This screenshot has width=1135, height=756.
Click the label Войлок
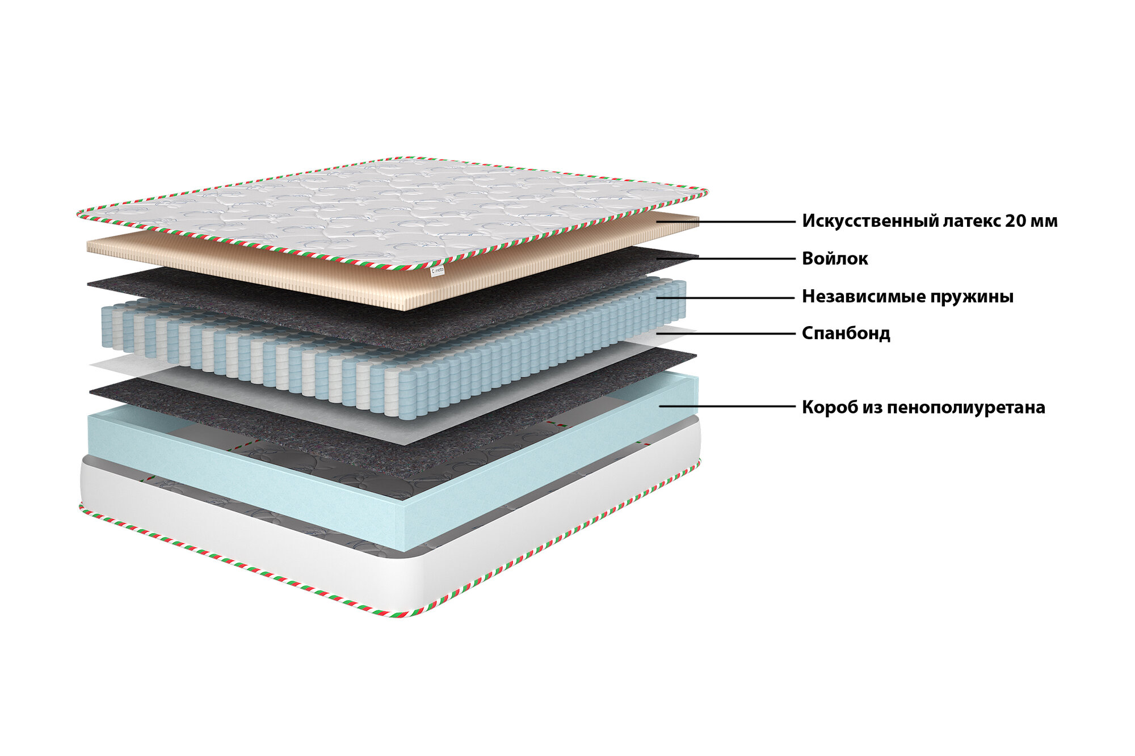pyautogui.click(x=835, y=259)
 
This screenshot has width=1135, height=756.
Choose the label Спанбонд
pyautogui.click(x=846, y=333)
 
